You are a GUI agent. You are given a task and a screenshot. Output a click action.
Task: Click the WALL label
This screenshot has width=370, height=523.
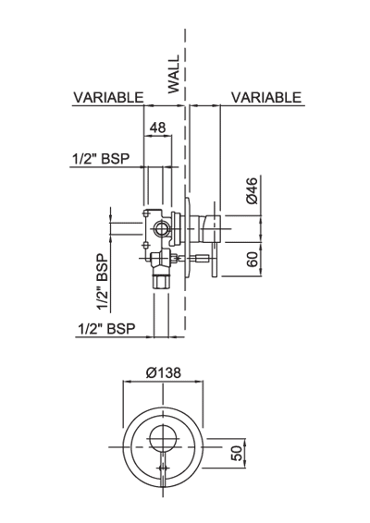click(174, 74)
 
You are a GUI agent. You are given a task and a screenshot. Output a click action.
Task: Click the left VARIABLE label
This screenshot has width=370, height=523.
click(108, 97)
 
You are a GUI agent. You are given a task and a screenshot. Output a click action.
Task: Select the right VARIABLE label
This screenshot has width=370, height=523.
click(266, 97)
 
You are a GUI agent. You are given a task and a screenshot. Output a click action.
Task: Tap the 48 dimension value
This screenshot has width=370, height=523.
click(157, 128)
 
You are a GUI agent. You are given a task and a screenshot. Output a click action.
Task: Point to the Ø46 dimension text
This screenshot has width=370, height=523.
click(253, 190)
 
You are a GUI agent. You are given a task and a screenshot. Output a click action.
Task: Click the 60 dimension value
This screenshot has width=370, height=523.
click(253, 259)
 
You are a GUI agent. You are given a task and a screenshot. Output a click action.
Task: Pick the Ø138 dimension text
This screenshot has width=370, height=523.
click(164, 372)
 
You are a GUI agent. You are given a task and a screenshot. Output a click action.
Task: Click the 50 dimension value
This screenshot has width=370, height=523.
click(237, 454)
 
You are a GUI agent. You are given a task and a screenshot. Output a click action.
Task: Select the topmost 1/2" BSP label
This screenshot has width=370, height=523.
click(101, 158)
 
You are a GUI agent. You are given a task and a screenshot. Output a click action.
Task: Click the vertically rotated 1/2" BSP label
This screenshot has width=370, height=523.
click(103, 282)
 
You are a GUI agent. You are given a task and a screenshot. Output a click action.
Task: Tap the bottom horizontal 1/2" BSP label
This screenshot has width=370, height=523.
click(106, 329)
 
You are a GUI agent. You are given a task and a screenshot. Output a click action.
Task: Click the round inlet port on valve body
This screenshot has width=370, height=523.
click(162, 229)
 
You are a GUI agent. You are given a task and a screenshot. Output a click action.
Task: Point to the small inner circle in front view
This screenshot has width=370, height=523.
click(163, 438)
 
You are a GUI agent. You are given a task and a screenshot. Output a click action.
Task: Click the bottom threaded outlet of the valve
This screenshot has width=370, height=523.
click(162, 281)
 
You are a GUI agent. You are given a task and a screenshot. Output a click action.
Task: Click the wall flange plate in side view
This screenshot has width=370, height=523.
click(189, 237)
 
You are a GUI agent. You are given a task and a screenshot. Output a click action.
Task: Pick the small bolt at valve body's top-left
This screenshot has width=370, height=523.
click(146, 213)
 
